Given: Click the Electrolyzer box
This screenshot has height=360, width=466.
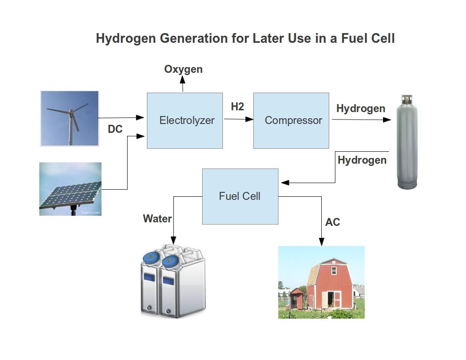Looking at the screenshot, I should click(x=184, y=120).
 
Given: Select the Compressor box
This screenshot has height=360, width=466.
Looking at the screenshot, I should click(x=291, y=120).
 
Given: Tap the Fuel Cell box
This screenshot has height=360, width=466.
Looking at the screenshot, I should click(x=240, y=196).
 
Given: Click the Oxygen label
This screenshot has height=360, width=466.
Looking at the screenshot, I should click(x=183, y=69).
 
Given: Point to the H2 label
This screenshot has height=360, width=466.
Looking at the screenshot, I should click(x=237, y=107).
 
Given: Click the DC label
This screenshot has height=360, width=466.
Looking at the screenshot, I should click(x=115, y=130).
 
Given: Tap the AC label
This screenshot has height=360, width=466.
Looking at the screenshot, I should click(x=333, y=222).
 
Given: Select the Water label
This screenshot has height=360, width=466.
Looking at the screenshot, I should click(x=158, y=218).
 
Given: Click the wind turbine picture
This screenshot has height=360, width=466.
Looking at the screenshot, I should click(x=69, y=118).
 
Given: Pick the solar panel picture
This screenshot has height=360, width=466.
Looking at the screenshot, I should click(x=70, y=189).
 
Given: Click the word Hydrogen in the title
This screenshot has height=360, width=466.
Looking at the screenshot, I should click(x=125, y=38).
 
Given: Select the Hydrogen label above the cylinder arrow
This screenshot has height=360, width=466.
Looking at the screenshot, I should click(x=361, y=109).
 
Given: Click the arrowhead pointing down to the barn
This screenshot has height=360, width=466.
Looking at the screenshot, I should click(x=322, y=242).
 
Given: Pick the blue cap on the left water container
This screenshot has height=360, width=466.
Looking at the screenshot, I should click(x=153, y=258).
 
